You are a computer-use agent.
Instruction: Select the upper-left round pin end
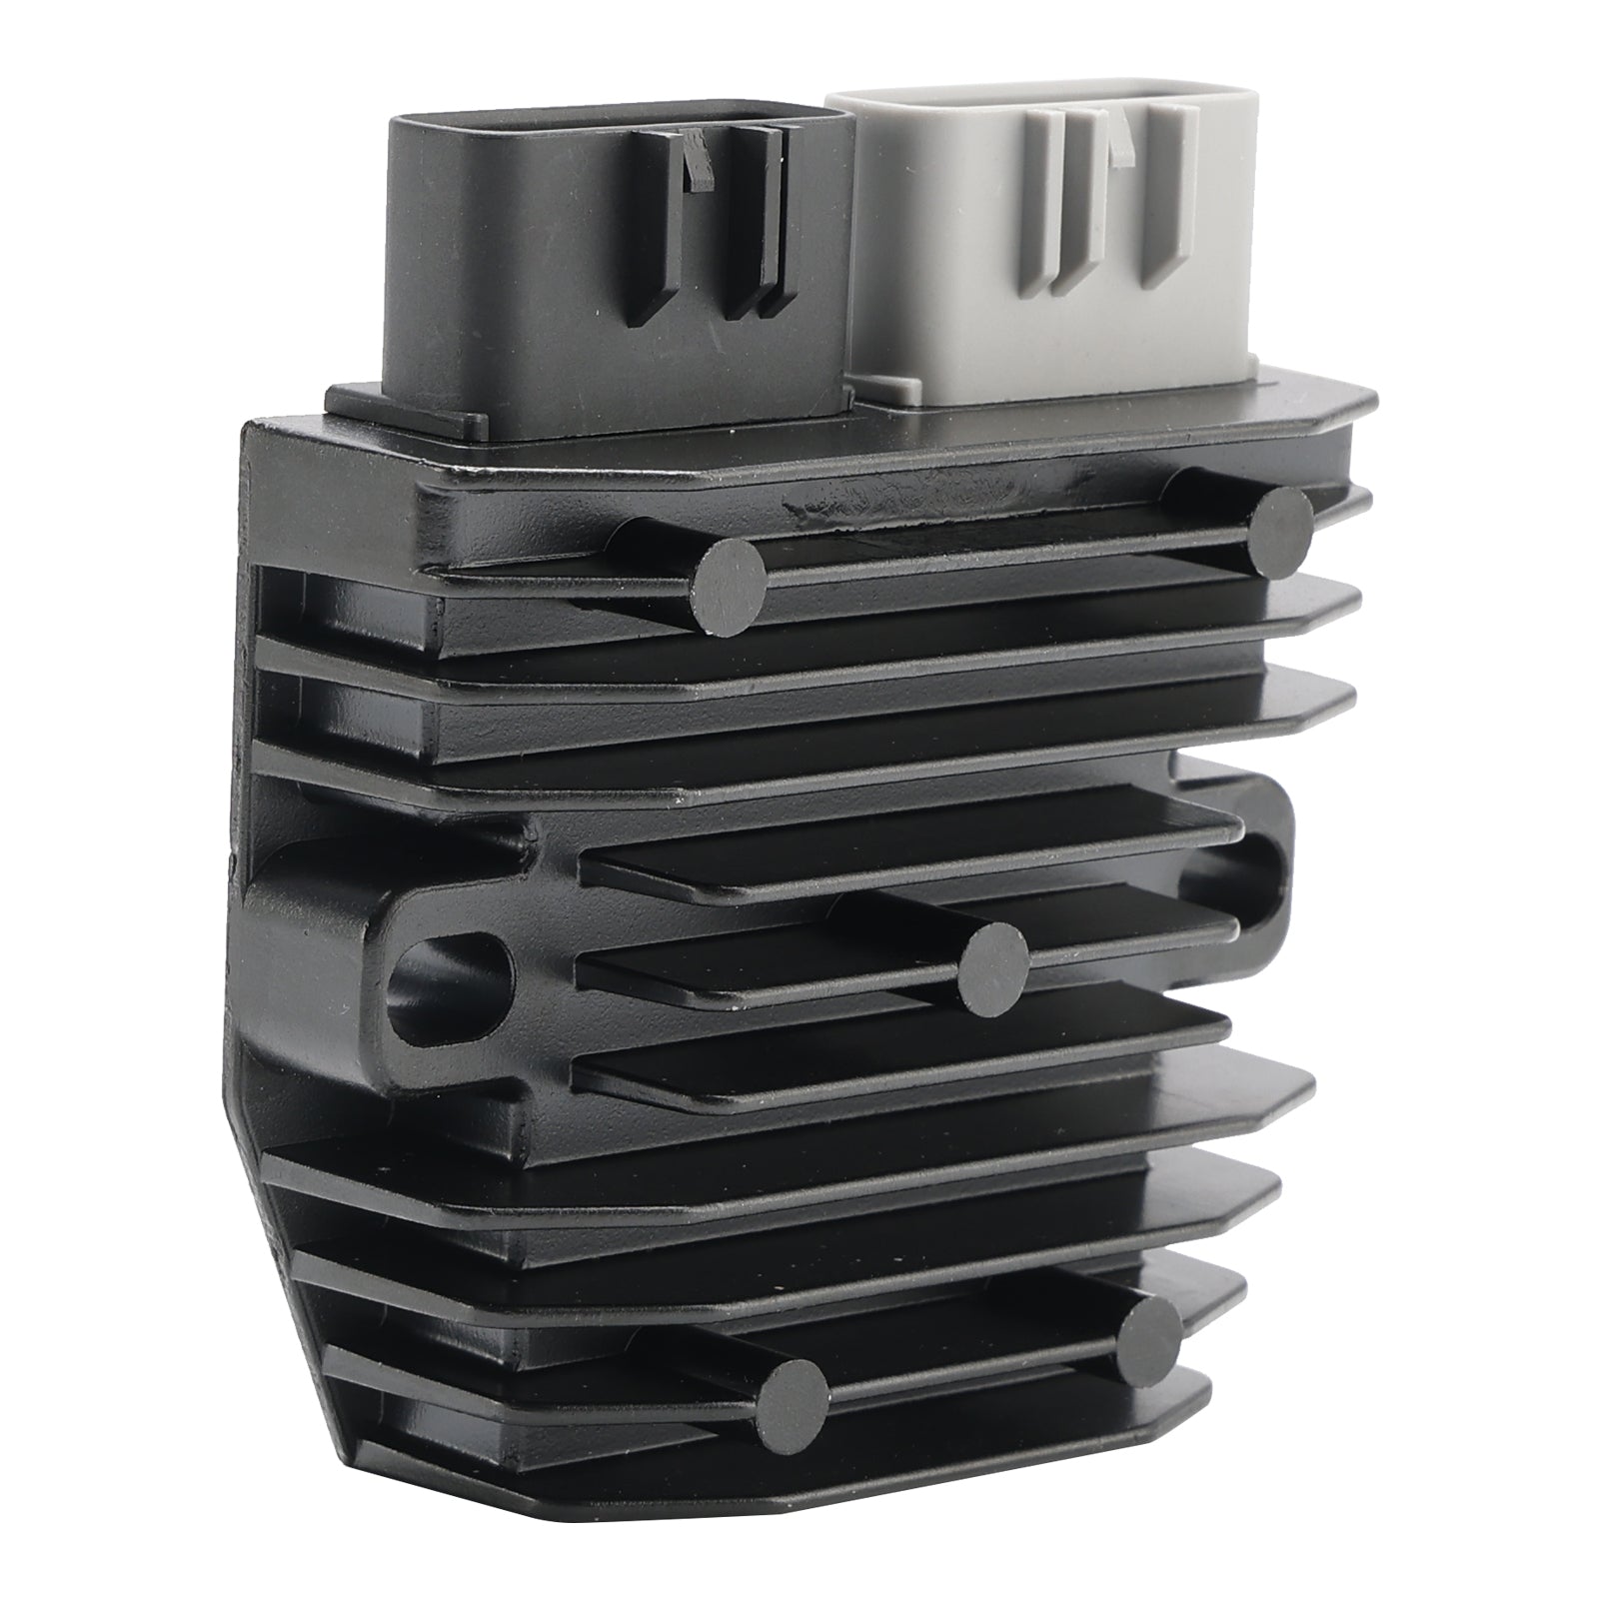click(x=731, y=585)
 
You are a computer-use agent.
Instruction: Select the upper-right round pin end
click(x=1282, y=533)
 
